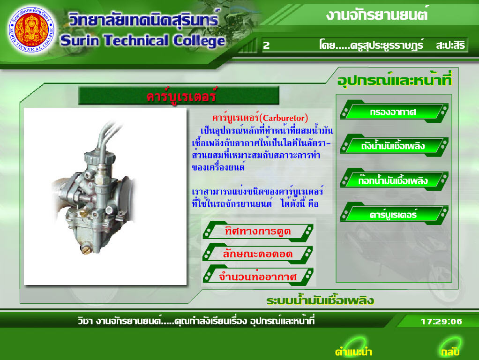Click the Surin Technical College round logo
[32, 30]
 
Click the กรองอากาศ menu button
[394, 112]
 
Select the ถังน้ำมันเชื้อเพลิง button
[394, 146]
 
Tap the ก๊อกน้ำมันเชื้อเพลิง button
[394, 180]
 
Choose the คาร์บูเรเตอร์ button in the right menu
[394, 214]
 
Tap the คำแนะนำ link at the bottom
[353, 352]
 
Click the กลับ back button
[450, 352]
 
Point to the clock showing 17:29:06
[442, 322]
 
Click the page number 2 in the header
[266, 45]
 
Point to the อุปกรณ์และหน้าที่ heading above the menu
[394, 80]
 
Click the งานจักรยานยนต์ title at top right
[377, 15]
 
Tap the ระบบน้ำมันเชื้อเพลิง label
[320, 300]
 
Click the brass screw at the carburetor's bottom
[86, 249]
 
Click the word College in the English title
[199, 41]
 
